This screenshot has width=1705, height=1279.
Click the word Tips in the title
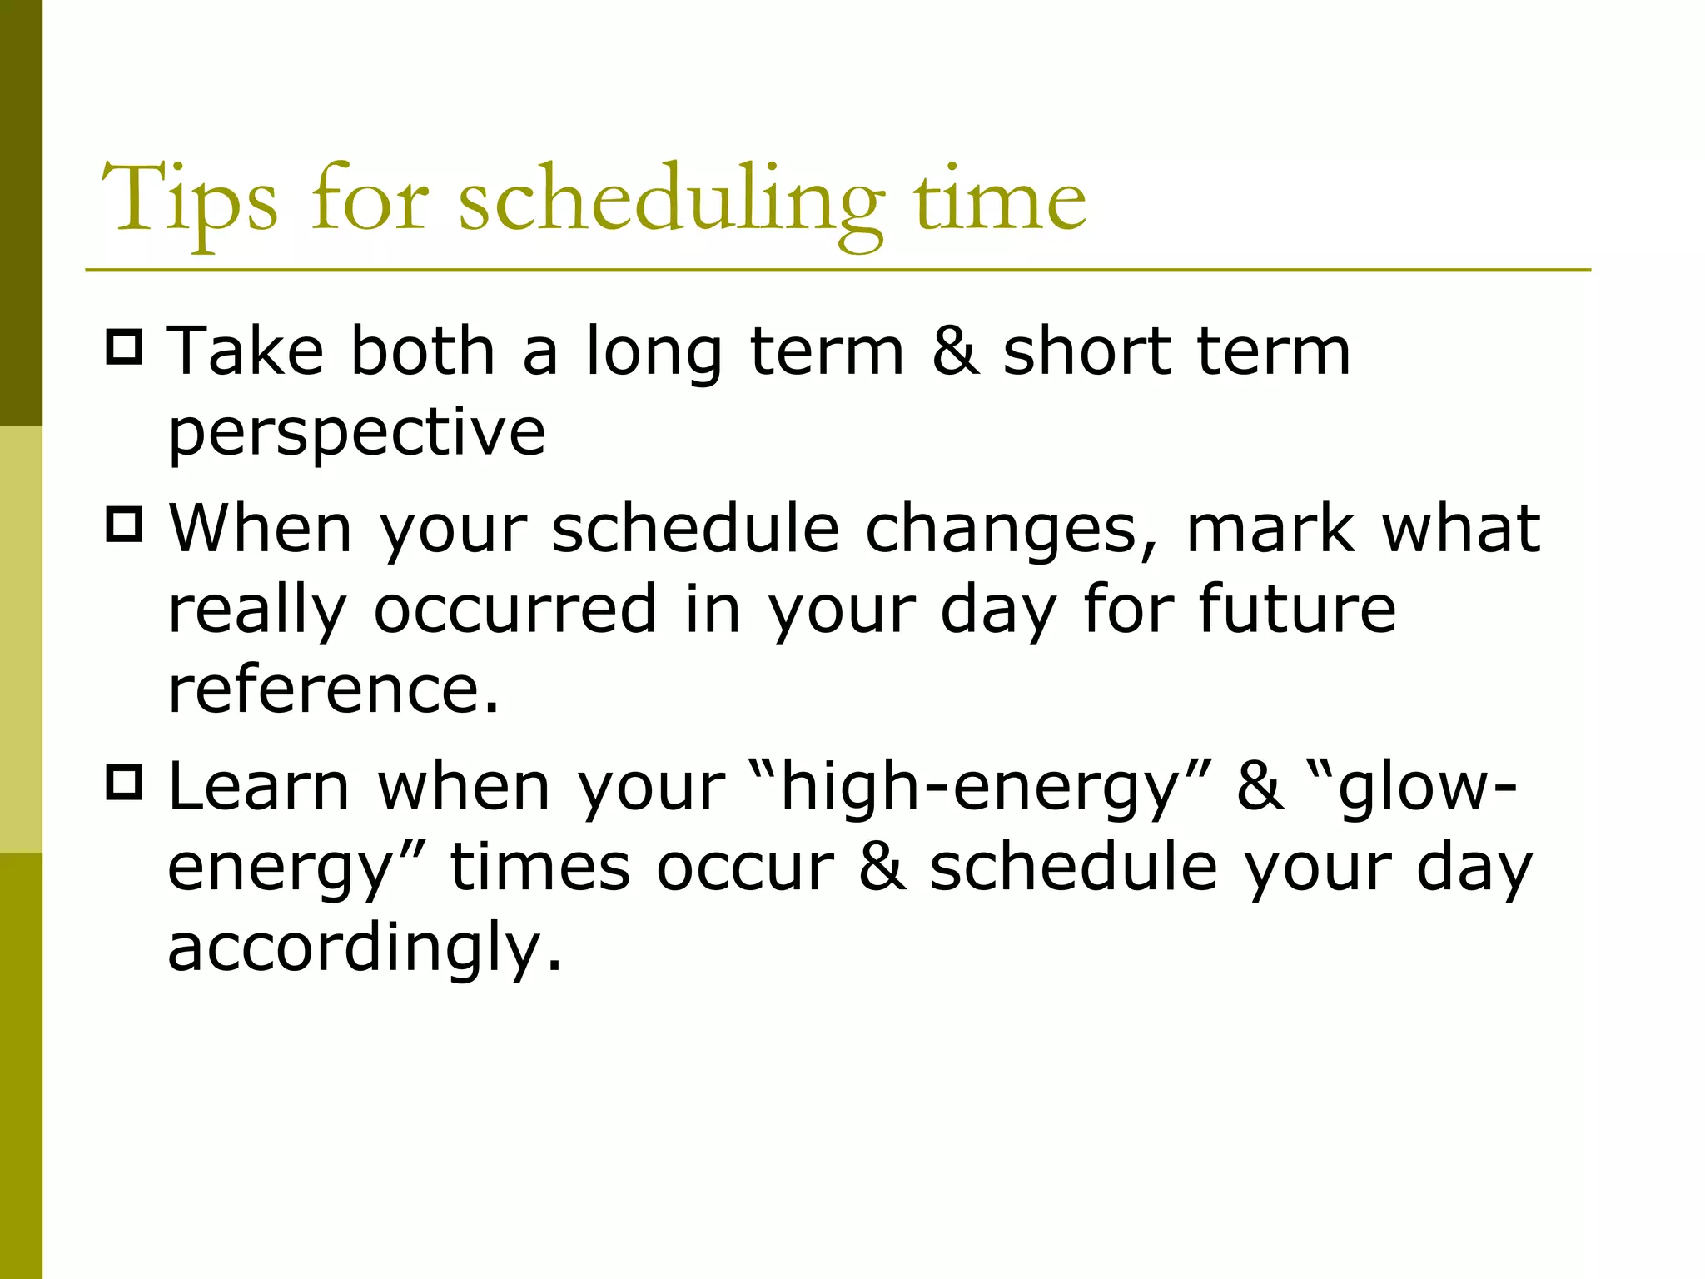tap(189, 200)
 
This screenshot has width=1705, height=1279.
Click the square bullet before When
tap(125, 525)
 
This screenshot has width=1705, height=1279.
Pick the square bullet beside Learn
tap(125, 783)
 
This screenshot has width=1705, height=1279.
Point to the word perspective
tap(357, 433)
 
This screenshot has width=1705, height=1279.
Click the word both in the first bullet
tap(423, 351)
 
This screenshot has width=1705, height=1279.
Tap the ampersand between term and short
tap(955, 351)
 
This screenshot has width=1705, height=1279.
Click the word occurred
tap(516, 609)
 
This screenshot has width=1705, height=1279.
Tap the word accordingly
tap(365, 949)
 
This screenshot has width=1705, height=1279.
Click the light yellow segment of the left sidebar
tap(21, 639)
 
